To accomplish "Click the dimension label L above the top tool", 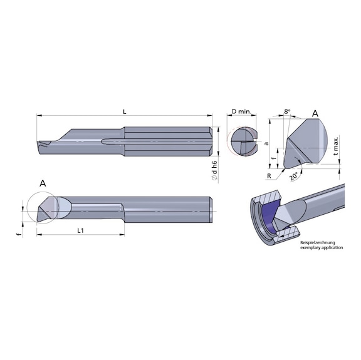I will pos(125,111).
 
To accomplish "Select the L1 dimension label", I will pos(81,231).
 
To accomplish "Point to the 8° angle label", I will pos(287,111).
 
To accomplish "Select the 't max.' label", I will pos(337,148).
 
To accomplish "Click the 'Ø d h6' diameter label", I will pos(214,170).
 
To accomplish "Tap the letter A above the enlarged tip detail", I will pos(315,113).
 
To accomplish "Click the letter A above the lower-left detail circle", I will pos(43,183).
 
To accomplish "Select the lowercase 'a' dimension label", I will pos(266,143).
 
